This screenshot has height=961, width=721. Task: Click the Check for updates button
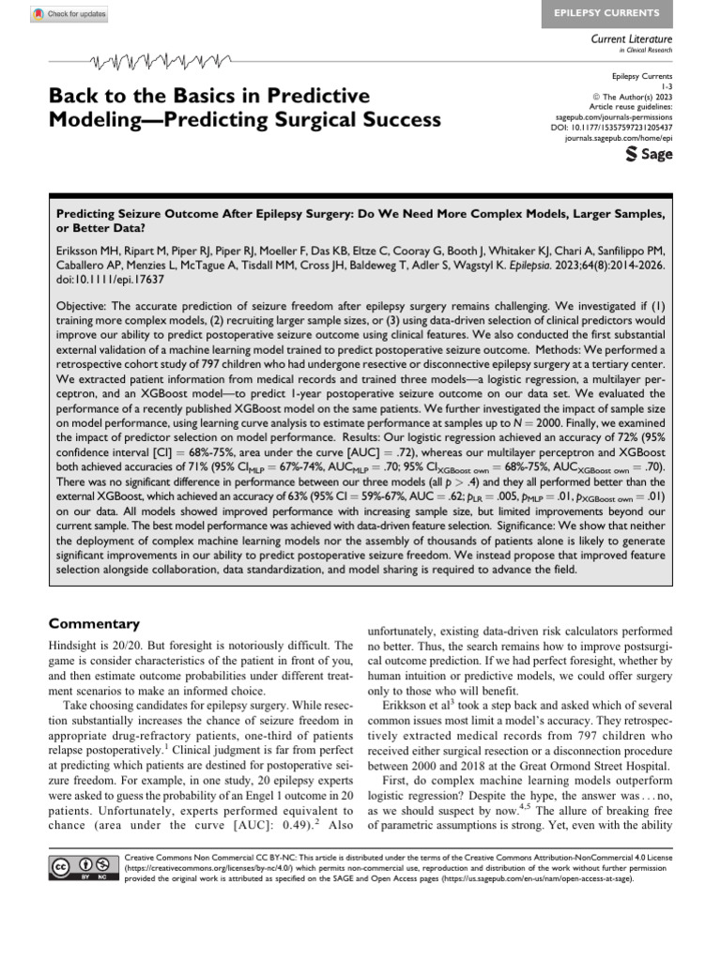(69, 14)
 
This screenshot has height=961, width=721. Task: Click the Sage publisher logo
(649, 154)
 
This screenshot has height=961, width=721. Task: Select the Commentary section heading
(94, 624)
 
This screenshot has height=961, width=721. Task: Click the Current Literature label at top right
(632, 39)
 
